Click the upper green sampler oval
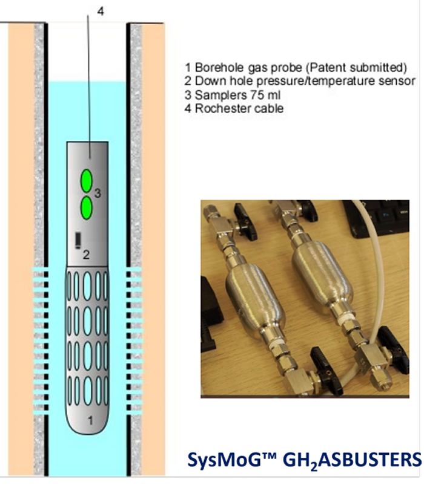click(x=87, y=181)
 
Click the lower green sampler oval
click(x=87, y=208)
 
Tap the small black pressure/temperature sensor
click(x=78, y=240)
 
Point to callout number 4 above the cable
click(x=101, y=11)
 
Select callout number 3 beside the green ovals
click(x=98, y=194)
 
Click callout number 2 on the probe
click(x=86, y=255)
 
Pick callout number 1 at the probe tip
click(x=90, y=420)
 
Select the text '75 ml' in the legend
click(x=265, y=95)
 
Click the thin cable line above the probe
click(x=88, y=86)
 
